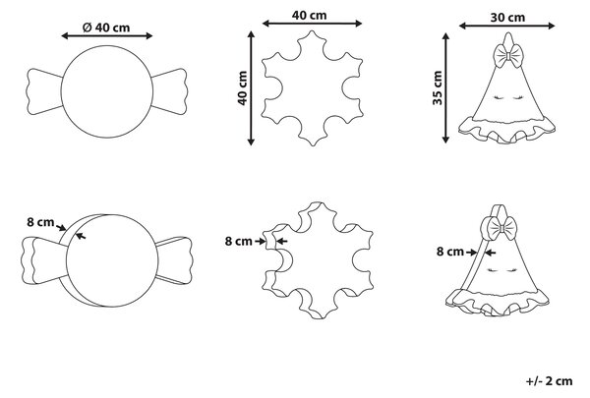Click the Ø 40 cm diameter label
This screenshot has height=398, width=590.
[106, 28]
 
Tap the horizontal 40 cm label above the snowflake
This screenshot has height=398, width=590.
[310, 16]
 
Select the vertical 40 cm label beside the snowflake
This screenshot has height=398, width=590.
[243, 88]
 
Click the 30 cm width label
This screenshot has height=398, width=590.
[507, 18]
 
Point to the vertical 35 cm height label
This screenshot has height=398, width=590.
[438, 87]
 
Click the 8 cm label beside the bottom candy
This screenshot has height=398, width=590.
[40, 222]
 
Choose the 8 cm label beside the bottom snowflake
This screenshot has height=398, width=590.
[239, 241]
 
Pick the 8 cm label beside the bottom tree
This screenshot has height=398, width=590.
[450, 252]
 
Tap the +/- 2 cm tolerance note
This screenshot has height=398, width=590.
[549, 381]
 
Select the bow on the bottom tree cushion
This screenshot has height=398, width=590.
[502, 228]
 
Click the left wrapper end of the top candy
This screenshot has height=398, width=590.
[44, 91]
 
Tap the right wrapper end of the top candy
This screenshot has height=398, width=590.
[169, 91]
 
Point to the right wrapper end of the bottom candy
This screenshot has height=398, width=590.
[175, 260]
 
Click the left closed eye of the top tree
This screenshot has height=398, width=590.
[498, 98]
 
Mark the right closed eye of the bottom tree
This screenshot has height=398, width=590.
[509, 270]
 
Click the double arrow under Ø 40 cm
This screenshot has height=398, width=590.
[107, 35]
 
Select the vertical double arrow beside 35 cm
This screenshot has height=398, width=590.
[445, 88]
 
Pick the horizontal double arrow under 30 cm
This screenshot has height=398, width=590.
[506, 26]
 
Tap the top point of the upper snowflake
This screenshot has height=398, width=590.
[312, 30]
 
